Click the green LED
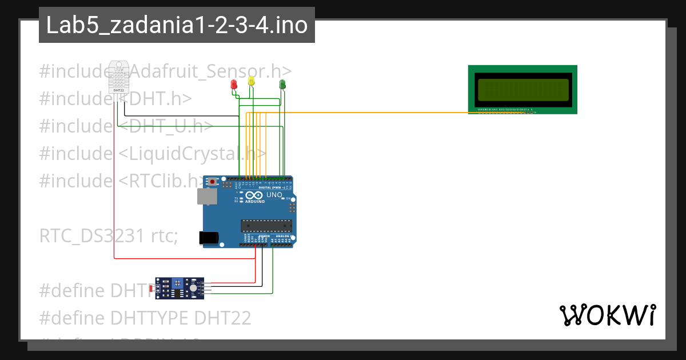click(282, 85)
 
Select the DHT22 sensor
click(119, 77)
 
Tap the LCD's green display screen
click(523, 89)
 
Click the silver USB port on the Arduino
click(206, 197)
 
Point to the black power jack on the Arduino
click(209, 238)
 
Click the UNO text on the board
click(274, 195)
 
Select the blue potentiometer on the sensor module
click(177, 282)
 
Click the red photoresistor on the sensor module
click(152, 289)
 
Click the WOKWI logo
click(607, 315)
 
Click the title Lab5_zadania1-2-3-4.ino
click(177, 26)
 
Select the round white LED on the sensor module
click(193, 289)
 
